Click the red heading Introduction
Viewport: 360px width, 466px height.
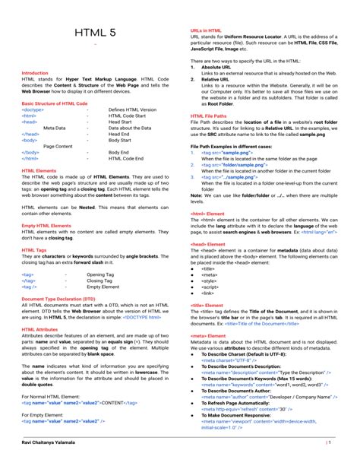point(35,73)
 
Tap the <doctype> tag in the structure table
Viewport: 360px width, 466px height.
point(33,109)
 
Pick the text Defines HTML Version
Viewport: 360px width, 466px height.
point(132,109)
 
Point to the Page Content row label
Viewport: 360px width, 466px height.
point(58,146)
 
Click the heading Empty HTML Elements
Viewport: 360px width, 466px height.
point(46,226)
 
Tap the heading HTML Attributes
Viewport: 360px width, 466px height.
point(39,329)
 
